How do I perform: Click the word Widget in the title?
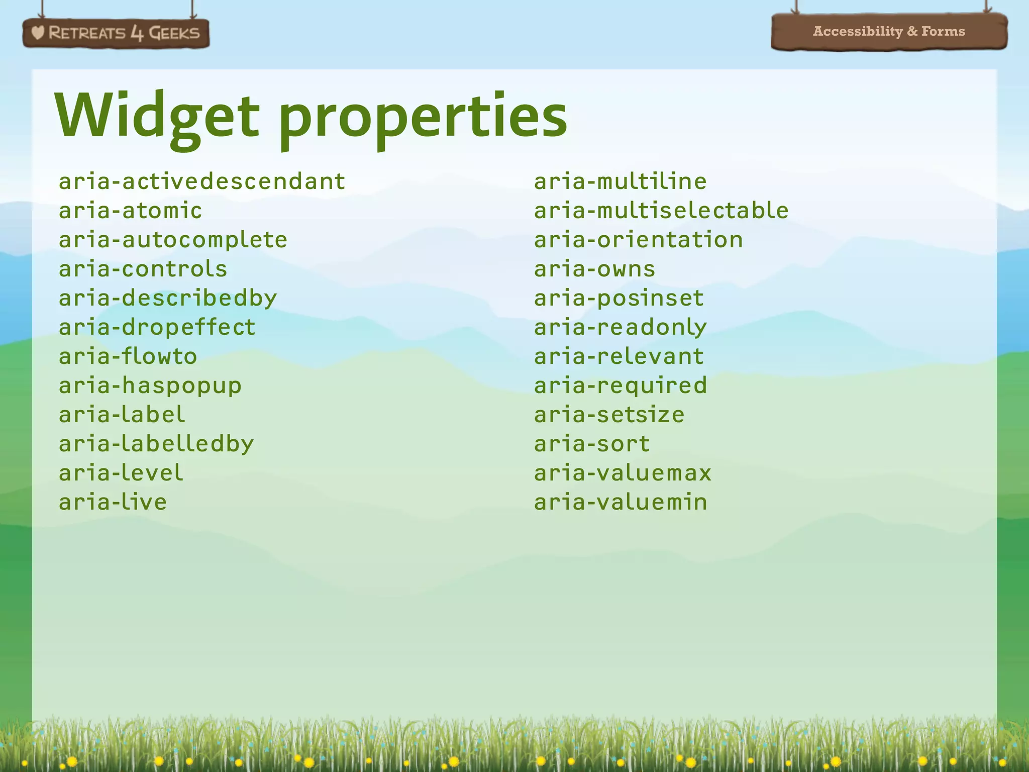click(157, 117)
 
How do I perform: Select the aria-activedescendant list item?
click(202, 181)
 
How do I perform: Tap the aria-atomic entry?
click(130, 211)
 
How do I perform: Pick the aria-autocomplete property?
click(173, 240)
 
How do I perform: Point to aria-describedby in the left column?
click(168, 298)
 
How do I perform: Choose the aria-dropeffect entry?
click(157, 327)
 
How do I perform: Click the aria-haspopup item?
click(150, 385)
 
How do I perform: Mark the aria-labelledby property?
click(156, 444)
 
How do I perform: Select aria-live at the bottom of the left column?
click(113, 502)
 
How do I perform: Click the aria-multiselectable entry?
click(661, 211)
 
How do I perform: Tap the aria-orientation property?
click(638, 240)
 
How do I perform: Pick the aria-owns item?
click(594, 269)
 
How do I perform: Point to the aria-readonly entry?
click(621, 327)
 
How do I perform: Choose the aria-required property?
click(621, 385)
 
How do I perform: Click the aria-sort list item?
click(592, 444)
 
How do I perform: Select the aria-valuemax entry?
click(623, 473)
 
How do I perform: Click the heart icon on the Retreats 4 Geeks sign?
click(38, 33)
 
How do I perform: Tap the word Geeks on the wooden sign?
click(174, 33)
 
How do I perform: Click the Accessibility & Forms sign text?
click(889, 31)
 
